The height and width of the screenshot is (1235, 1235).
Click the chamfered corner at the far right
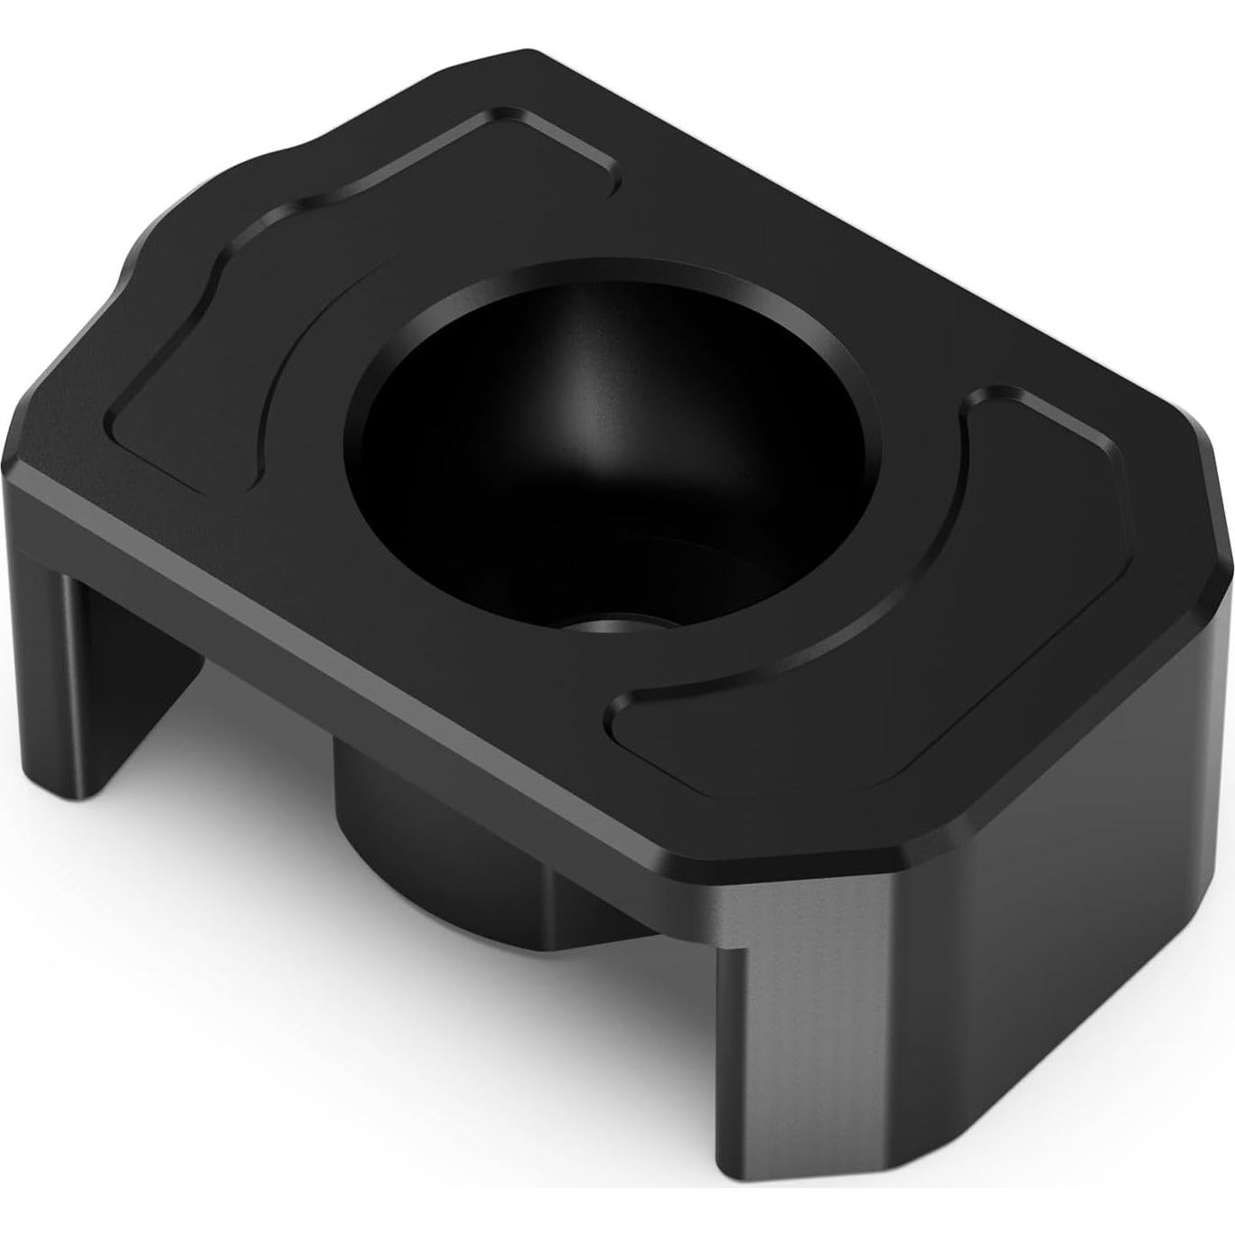[x=1215, y=506]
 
